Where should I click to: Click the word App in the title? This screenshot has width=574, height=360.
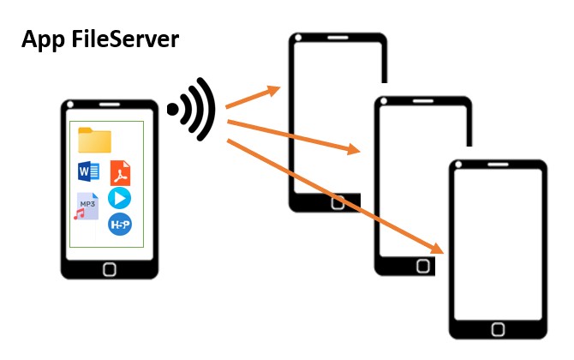point(44,39)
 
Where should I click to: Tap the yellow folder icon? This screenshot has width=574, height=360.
point(94,140)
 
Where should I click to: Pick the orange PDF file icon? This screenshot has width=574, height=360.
point(120,173)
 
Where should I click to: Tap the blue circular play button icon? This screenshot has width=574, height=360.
point(120,199)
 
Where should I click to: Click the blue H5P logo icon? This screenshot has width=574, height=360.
point(120,225)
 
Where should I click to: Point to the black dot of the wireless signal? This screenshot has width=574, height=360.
point(173,109)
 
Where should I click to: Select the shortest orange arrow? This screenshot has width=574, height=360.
point(254,96)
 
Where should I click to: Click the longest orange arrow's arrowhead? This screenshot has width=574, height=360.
point(438,249)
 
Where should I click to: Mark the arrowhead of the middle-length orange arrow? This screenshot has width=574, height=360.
point(354,151)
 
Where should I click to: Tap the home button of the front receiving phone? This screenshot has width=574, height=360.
point(498,329)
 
